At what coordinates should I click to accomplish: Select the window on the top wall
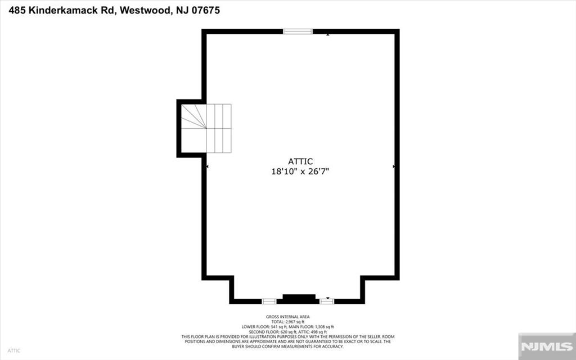pos(298,31)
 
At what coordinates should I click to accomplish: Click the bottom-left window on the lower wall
pos(269,301)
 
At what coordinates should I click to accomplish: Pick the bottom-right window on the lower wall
pos(327,301)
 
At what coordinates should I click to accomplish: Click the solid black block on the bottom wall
pos(299,298)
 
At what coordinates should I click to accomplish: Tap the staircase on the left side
pos(206,128)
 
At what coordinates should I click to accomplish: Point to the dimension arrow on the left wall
pos(208,166)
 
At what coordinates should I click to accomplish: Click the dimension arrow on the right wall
pos(393,166)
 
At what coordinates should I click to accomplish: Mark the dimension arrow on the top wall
pos(328,35)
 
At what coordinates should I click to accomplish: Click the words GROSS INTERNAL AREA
pos(288,317)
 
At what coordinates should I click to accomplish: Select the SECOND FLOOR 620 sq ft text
pos(271,331)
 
